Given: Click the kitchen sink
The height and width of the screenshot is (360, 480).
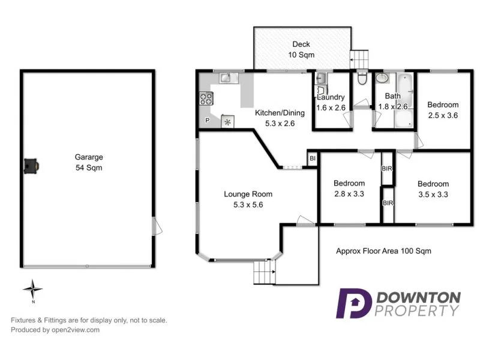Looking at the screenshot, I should coord(225,77).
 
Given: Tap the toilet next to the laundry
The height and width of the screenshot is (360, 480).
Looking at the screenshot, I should coord(362,79).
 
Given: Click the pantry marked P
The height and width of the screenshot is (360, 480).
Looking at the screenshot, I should coord(208,121).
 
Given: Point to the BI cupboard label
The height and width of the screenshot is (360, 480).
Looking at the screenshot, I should coord(312,158).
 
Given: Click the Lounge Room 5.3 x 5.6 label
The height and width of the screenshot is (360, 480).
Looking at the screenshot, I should coord(248,199).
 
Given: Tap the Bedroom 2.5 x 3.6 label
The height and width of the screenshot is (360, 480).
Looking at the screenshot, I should coord(443,110).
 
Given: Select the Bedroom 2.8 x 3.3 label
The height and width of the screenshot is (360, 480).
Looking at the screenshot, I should coord(349,188).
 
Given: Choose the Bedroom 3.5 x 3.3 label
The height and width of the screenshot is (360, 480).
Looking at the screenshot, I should coord(433,189).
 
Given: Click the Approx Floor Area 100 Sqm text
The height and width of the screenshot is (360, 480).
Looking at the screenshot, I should coord(383,251).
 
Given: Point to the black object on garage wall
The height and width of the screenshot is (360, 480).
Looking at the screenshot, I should coord(31,166).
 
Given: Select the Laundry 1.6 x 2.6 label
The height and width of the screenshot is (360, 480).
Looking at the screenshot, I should coord(331,102).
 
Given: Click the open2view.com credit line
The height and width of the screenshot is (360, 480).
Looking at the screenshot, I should coord(55,329).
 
